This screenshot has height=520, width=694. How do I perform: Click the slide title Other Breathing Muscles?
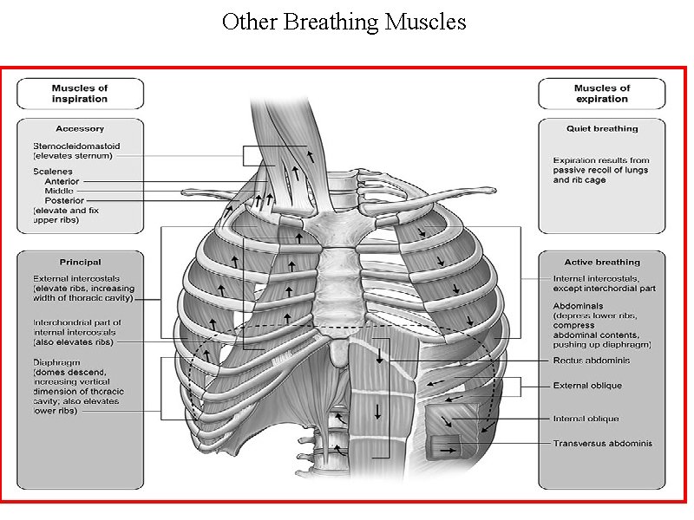[344, 22]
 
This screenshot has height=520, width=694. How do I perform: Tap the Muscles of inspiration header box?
[80, 94]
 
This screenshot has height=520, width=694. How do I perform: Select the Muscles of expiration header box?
[601, 94]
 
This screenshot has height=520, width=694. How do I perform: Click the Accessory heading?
[80, 129]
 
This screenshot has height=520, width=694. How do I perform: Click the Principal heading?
[80, 262]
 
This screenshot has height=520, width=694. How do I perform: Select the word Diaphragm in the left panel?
[54, 361]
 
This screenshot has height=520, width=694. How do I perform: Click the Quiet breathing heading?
[601, 129]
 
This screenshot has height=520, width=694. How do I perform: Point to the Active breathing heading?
[601, 262]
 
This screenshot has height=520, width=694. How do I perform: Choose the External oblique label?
[587, 386]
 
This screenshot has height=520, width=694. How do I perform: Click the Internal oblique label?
[586, 419]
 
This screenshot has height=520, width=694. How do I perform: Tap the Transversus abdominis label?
[602, 444]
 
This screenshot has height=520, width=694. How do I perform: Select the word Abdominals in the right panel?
[579, 306]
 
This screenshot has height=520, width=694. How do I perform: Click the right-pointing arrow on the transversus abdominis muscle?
[448, 451]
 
